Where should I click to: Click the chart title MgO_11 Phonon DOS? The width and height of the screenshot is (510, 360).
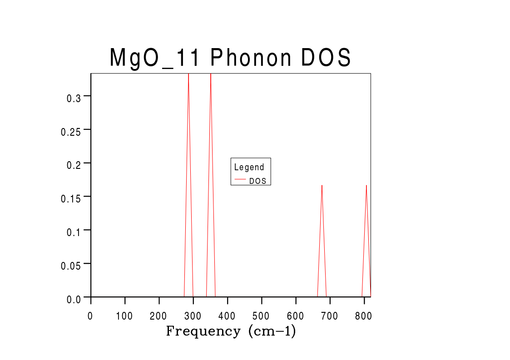(231, 58)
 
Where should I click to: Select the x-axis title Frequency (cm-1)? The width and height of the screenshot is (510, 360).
(231, 331)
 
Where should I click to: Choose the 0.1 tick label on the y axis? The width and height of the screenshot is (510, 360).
(73, 232)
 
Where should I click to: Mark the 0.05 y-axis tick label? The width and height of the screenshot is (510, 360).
(70, 266)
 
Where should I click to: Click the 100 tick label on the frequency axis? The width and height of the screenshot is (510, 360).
(124, 316)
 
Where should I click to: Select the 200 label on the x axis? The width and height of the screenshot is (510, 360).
(159, 316)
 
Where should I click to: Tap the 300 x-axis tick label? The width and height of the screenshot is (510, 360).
(193, 316)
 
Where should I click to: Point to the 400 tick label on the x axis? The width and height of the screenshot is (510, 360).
(227, 316)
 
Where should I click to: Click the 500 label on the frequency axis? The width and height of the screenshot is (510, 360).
(262, 316)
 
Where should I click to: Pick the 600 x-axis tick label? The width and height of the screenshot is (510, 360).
(296, 316)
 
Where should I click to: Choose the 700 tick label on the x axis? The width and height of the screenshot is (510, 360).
(330, 316)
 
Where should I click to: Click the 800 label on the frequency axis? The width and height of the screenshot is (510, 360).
(364, 316)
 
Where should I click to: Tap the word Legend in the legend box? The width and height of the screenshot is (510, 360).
(249, 167)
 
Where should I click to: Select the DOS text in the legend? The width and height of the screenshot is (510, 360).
(257, 181)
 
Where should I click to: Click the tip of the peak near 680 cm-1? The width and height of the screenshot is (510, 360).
(322, 185)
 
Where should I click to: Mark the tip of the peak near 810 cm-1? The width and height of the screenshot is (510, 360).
(366, 185)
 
